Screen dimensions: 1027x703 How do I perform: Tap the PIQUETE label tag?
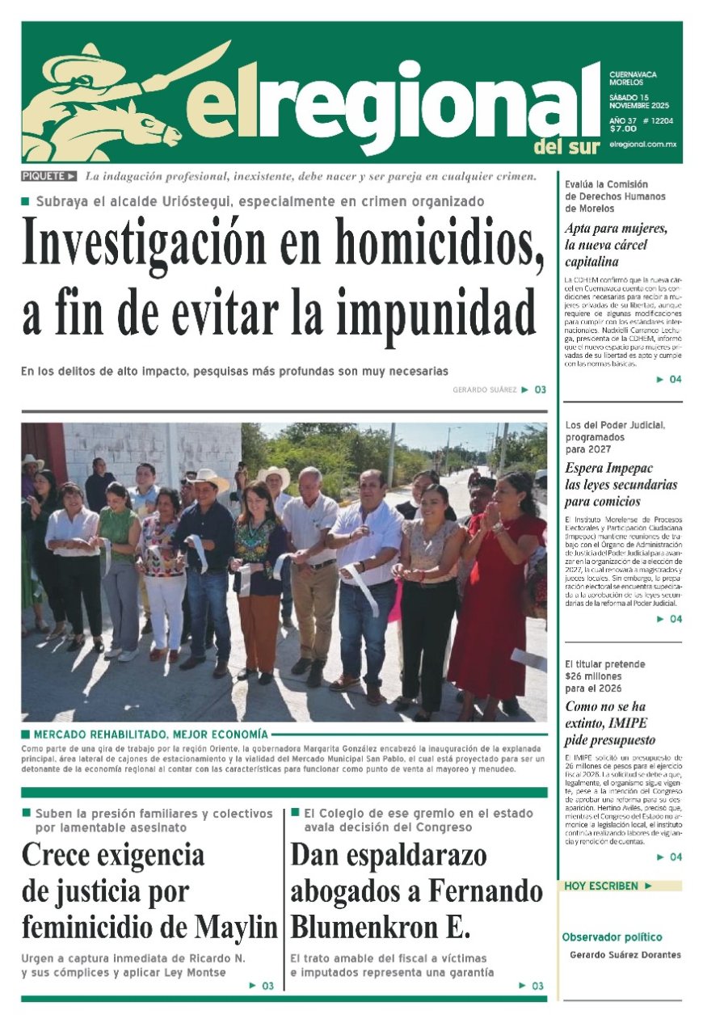tap(49, 176)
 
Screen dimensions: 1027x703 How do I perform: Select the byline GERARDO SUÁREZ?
tap(484, 389)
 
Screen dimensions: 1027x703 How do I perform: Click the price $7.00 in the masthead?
tap(623, 128)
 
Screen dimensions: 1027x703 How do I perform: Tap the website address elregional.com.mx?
tap(642, 143)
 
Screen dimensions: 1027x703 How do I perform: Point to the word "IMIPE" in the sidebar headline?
tap(627, 722)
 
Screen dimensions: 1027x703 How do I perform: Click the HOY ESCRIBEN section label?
tap(602, 886)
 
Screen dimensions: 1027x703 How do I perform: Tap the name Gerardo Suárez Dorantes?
tap(625, 955)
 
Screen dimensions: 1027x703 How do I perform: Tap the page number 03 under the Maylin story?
tap(267, 986)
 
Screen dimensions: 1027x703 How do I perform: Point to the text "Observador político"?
tap(612, 937)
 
